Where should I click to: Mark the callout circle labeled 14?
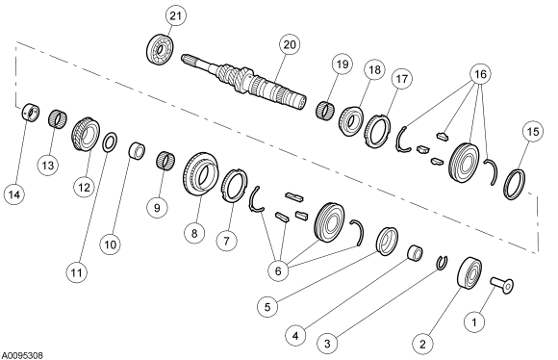click(x=13, y=195)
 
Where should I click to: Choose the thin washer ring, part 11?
click(x=112, y=142)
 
